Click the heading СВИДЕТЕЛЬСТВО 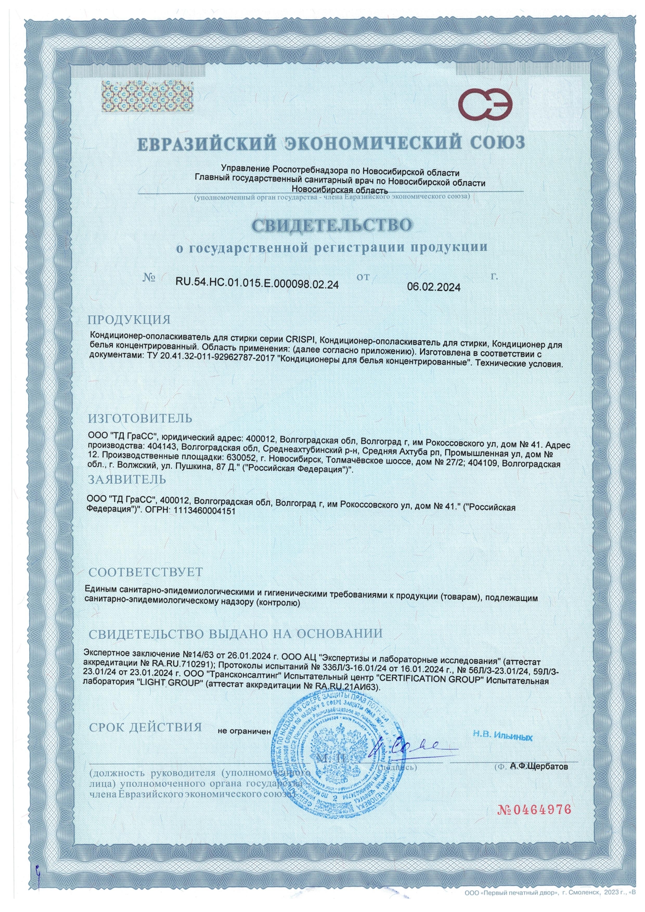(332, 225)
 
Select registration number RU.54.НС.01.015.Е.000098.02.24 (257, 284)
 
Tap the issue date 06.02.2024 (433, 287)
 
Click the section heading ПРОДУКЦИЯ (129, 319)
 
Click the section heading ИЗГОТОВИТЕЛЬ (140, 418)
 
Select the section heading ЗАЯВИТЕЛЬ (127, 479)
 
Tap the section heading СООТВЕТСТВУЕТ (146, 572)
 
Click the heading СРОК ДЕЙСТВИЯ (145, 727)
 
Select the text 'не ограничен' (244, 731)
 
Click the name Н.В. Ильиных (502, 736)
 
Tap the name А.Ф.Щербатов (539, 766)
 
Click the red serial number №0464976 (534, 810)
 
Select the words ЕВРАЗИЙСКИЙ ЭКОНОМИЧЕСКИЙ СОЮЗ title (331, 143)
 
